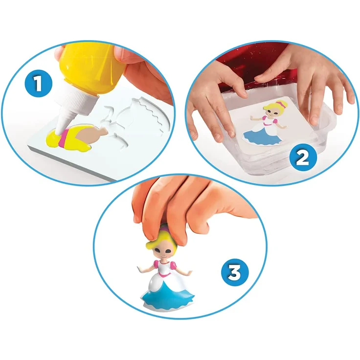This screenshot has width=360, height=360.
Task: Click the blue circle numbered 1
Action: [x=38, y=83]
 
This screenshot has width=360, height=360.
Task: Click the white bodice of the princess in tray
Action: [x=270, y=120]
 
